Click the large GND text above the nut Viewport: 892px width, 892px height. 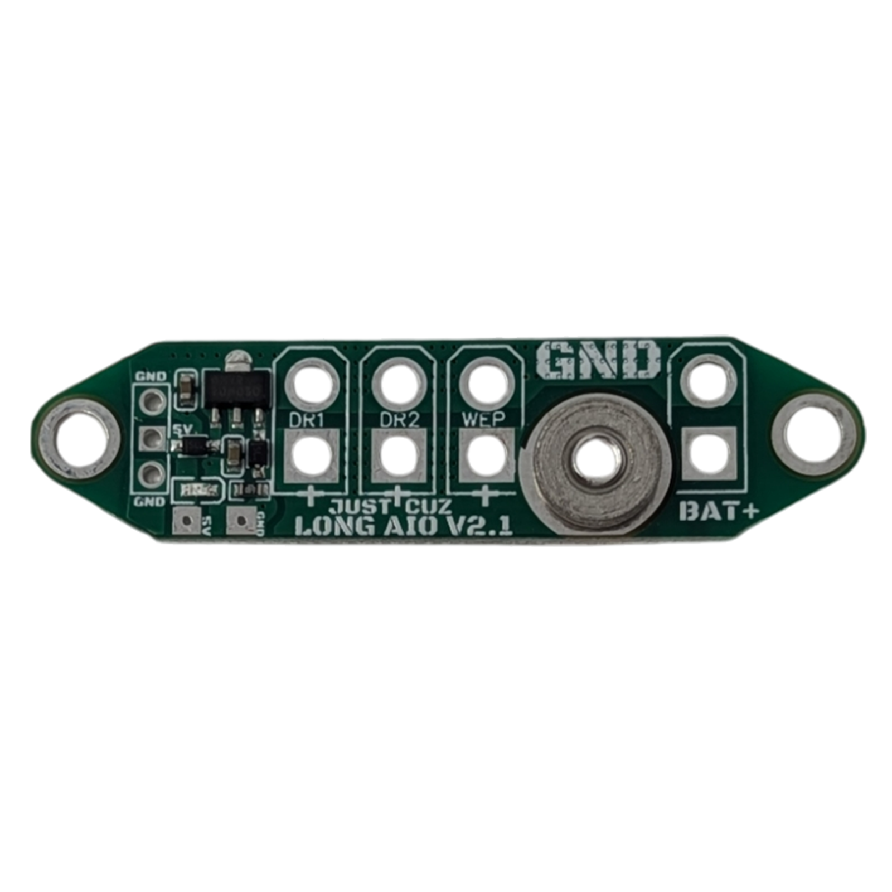[x=598, y=361]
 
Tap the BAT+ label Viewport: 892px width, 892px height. [x=719, y=510]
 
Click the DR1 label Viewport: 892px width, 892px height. [x=306, y=420]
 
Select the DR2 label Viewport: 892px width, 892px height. [x=399, y=420]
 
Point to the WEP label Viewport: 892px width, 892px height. [x=483, y=419]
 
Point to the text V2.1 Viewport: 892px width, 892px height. [x=480, y=526]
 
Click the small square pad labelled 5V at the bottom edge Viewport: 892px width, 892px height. [x=186, y=521]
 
